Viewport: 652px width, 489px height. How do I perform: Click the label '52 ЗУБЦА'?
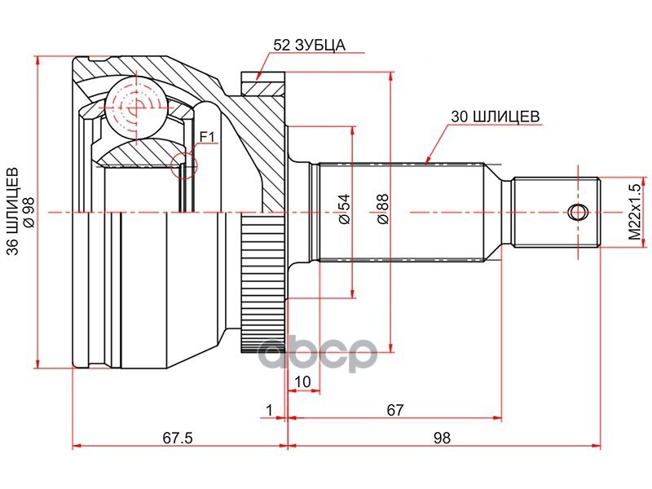point(310,45)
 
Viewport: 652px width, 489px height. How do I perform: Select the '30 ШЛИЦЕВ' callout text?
point(496,117)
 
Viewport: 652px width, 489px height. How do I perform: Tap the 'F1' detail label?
point(207,136)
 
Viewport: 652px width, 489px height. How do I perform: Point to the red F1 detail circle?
point(184,165)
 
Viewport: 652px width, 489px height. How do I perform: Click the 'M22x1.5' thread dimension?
point(635,212)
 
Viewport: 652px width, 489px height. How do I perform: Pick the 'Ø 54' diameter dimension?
point(345,209)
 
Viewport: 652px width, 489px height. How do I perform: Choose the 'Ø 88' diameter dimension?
point(382,209)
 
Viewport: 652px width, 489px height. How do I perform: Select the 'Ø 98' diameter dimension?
point(29,213)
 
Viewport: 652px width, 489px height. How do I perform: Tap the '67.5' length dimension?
point(178,438)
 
